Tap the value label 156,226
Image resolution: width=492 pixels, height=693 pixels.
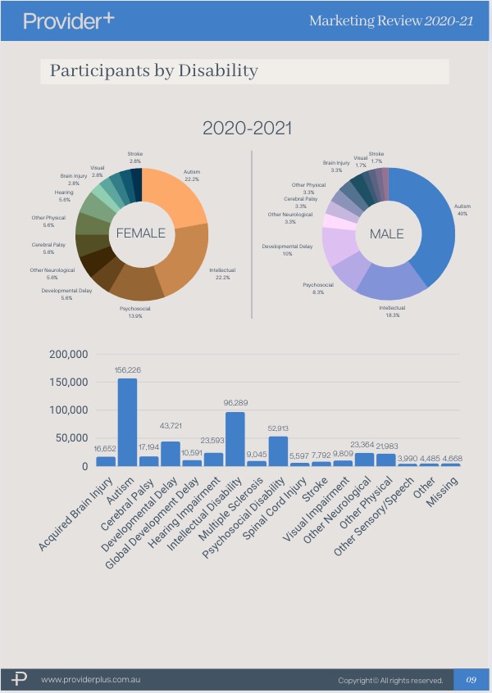pos(127,370)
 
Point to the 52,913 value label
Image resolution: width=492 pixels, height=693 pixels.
pos(278,428)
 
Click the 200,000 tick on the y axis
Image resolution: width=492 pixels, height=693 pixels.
pos(68,355)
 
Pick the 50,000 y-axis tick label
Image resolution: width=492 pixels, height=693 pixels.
pos(71,438)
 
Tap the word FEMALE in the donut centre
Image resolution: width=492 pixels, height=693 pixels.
pos(140,233)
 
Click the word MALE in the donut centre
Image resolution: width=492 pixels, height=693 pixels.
pos(386,234)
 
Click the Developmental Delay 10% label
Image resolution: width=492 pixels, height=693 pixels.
pos(287,250)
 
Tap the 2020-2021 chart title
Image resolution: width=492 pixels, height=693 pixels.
pos(247,129)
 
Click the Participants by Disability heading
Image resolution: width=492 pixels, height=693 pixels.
pos(153,70)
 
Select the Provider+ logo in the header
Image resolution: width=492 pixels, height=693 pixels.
pos(69,20)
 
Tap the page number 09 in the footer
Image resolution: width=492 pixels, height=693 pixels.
pos(471,680)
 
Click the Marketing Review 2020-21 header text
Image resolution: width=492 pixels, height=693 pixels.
pos(390,20)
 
